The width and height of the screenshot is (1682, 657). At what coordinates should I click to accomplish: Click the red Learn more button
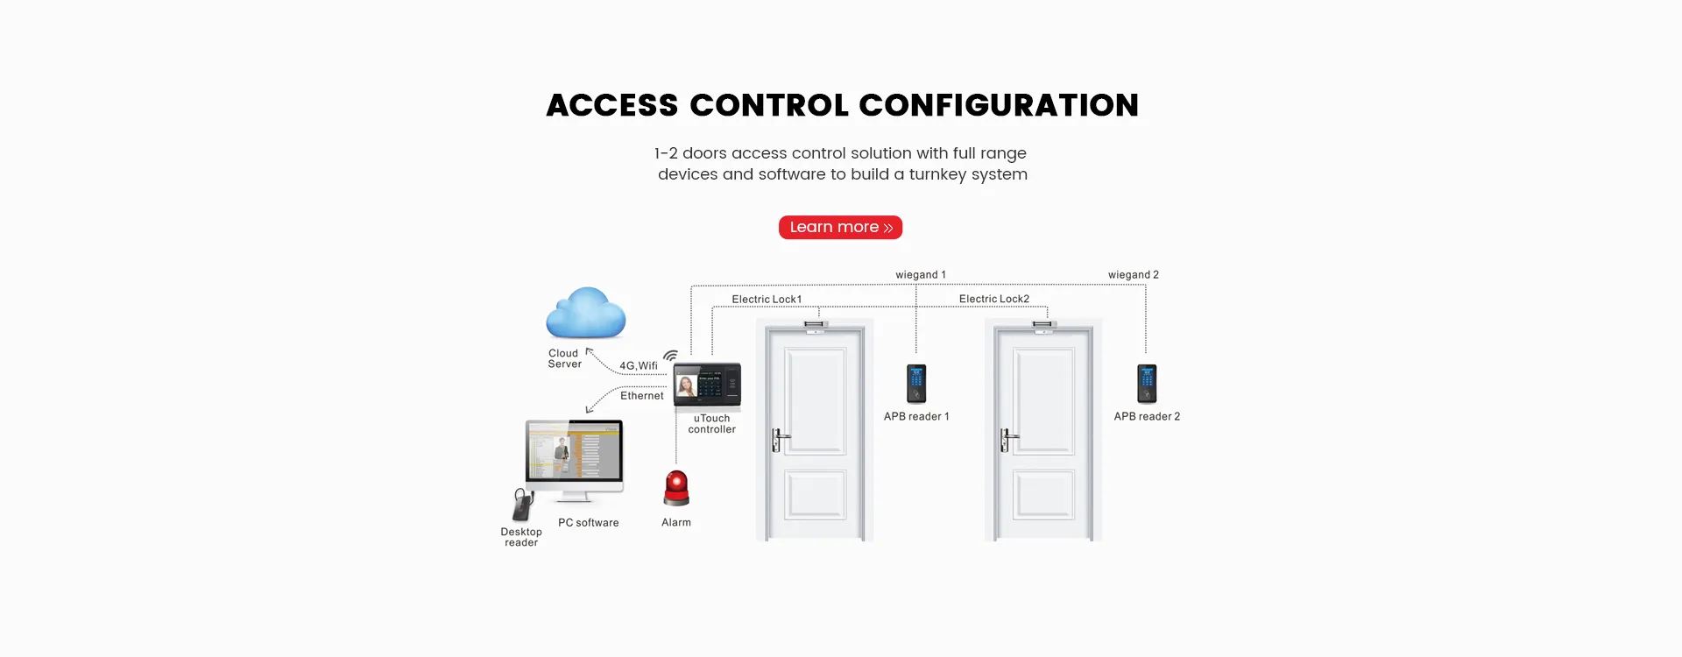tap(840, 228)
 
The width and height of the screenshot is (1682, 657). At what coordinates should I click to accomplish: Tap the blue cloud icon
tap(585, 314)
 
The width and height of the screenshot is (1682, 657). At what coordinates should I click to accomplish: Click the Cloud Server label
tap(564, 359)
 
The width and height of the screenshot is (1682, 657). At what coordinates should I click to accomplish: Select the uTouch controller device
tap(707, 385)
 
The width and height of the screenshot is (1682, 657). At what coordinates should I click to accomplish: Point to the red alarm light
tap(676, 488)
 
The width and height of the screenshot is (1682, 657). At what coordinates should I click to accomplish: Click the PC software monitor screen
tap(574, 450)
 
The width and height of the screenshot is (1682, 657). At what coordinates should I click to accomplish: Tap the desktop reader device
tap(523, 504)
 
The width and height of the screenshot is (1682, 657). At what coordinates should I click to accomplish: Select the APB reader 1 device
tap(916, 383)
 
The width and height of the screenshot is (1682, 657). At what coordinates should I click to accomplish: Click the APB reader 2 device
tap(1147, 383)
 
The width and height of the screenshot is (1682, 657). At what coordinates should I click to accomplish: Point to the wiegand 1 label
tap(920, 275)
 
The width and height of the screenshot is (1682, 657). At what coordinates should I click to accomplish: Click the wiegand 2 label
tap(1133, 275)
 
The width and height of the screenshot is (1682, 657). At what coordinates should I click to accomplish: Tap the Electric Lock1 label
tap(767, 300)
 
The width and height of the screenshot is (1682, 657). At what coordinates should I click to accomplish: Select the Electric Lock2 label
tap(993, 300)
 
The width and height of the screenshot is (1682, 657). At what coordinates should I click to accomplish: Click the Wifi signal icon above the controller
tap(671, 356)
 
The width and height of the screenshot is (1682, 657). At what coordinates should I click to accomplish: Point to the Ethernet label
tap(641, 396)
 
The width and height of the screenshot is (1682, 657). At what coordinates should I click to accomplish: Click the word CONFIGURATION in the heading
tap(999, 106)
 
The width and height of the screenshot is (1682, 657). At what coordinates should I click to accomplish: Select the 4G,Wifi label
tap(638, 366)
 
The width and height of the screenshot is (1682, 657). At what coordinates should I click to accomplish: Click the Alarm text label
tap(676, 523)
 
